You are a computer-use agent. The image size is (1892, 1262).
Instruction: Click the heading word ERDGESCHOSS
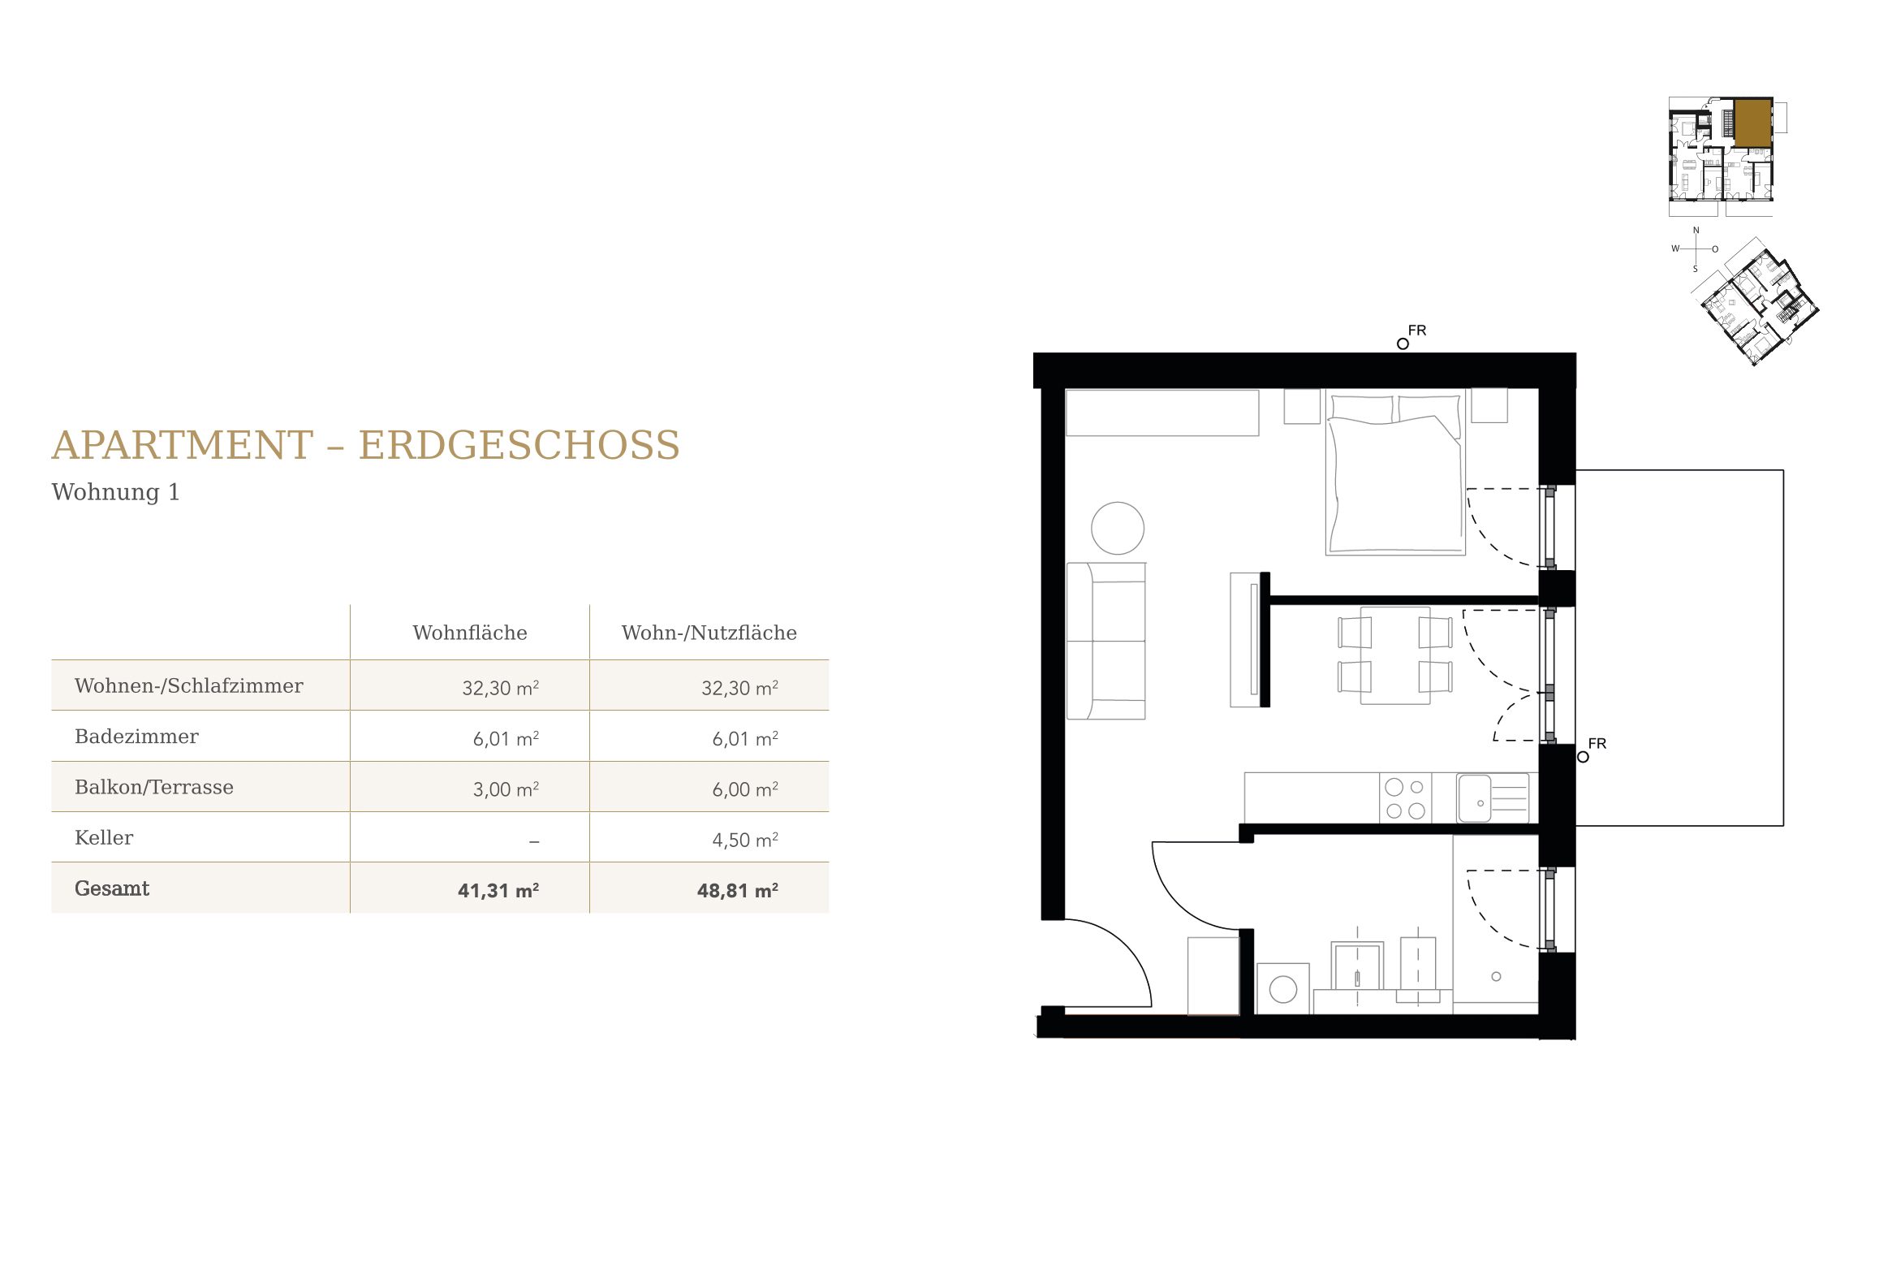(519, 445)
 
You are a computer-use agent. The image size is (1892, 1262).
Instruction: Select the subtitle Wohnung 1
(115, 492)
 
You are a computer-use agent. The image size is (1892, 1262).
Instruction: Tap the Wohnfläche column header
(470, 633)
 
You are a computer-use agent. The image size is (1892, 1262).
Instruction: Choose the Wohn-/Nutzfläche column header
(709, 633)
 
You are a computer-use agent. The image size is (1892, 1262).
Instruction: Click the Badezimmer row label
(136, 737)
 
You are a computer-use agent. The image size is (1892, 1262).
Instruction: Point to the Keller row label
(104, 837)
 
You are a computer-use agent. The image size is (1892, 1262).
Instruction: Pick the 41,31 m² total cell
(498, 890)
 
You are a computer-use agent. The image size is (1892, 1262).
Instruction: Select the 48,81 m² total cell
(738, 890)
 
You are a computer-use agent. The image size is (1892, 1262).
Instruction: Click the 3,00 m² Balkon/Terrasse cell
(506, 789)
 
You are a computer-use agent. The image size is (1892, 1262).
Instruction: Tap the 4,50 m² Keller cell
(745, 840)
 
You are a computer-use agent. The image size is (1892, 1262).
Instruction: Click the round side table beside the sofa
(1118, 528)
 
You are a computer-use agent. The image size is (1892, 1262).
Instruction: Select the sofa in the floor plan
(1105, 641)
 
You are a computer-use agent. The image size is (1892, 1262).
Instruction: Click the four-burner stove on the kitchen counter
(1405, 798)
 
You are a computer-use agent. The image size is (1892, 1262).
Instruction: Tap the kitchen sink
(1493, 798)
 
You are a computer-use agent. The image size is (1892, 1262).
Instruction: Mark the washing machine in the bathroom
(1282, 988)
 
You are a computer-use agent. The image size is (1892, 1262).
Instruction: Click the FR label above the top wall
(1417, 331)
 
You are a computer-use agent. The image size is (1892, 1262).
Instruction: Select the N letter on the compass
(1696, 231)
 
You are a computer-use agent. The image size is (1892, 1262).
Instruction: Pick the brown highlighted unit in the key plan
(1752, 123)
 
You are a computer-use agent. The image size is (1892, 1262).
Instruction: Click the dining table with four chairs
(1395, 655)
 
